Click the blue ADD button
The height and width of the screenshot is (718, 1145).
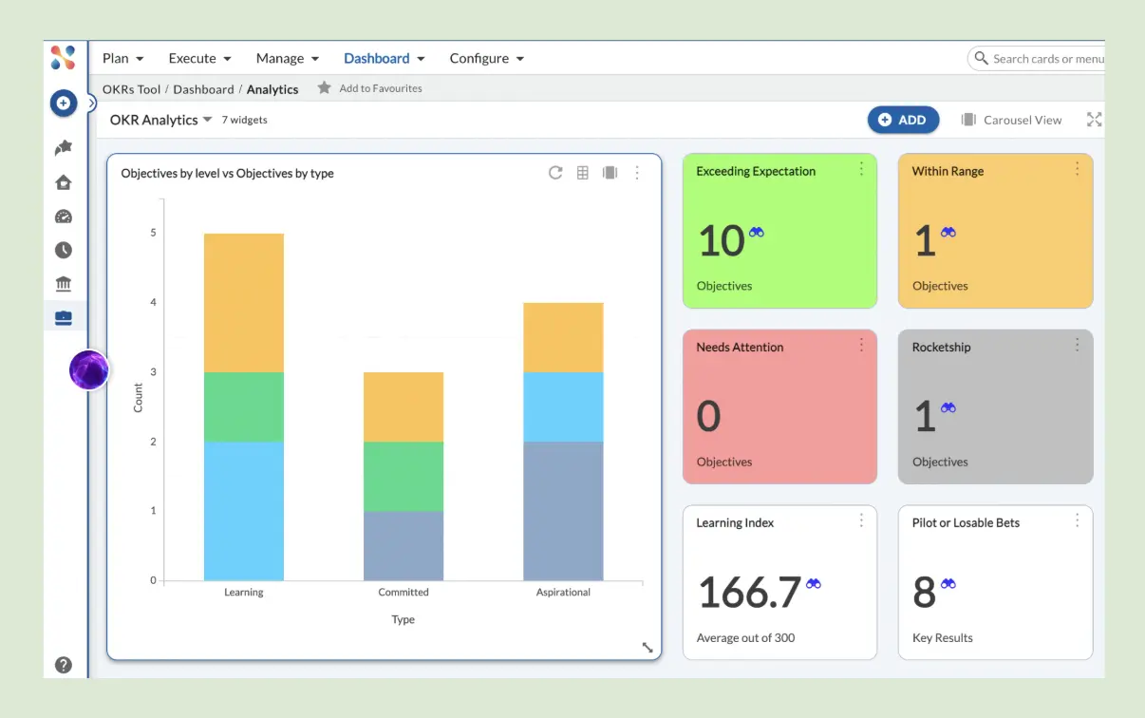click(902, 120)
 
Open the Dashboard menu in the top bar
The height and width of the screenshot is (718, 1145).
click(384, 58)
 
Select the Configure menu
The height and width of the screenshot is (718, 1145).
click(486, 58)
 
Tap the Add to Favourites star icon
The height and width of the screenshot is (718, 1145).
click(325, 88)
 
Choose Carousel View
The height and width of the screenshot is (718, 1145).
click(1011, 120)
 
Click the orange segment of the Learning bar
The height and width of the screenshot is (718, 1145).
click(244, 302)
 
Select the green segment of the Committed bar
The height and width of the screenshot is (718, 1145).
click(404, 476)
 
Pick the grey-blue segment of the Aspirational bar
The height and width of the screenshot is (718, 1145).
click(563, 510)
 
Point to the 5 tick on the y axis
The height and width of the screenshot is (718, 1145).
click(153, 233)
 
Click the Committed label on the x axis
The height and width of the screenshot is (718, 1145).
click(404, 592)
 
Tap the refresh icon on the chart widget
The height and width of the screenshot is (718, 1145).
click(555, 173)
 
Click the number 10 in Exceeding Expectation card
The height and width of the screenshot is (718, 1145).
click(721, 241)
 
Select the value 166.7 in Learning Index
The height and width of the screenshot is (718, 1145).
click(749, 593)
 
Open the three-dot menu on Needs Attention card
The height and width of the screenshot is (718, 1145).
click(861, 345)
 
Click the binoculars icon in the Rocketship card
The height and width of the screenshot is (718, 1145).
click(948, 407)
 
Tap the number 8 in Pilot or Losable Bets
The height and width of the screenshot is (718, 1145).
click(924, 593)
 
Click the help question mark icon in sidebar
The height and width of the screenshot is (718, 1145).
click(64, 665)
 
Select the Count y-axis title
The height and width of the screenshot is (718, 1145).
click(139, 397)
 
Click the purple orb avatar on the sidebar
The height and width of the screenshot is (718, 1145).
click(89, 369)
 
